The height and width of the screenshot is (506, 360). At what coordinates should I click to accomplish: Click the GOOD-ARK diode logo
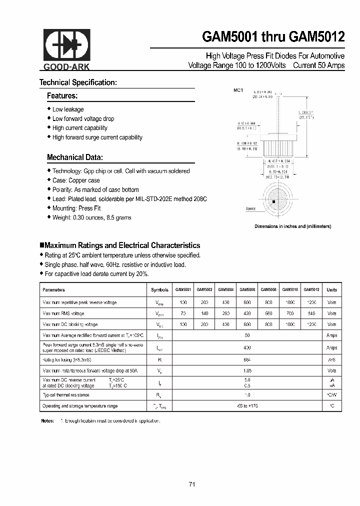[65, 45]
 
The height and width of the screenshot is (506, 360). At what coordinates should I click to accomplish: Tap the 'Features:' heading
[62, 95]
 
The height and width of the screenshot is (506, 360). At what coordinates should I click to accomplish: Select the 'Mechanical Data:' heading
[75, 157]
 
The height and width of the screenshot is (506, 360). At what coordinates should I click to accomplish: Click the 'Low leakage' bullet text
[68, 109]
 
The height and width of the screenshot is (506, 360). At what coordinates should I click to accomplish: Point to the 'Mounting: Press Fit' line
[76, 208]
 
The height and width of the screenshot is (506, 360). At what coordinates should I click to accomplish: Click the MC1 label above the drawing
[238, 90]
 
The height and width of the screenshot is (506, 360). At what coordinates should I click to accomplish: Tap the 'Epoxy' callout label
[251, 208]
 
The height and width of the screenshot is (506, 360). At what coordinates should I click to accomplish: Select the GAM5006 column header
[247, 289]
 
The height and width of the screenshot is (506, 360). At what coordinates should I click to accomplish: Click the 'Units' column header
[331, 289]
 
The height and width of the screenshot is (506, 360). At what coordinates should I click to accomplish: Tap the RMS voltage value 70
[183, 313]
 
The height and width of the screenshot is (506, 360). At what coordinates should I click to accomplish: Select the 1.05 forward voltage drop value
[247, 371]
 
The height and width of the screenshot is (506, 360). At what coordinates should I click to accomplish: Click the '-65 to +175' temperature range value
[247, 406]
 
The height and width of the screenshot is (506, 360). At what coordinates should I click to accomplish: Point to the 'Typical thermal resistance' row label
[66, 395]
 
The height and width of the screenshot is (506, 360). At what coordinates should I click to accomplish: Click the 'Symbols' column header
[159, 289]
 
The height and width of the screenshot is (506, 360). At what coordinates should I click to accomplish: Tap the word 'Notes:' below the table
[47, 421]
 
